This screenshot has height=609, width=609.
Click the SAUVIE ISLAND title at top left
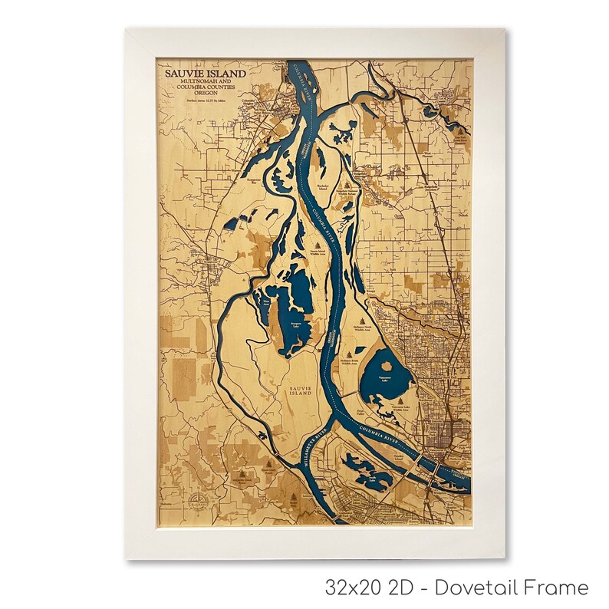[205, 74]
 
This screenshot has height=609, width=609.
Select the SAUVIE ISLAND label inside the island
[300, 390]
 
